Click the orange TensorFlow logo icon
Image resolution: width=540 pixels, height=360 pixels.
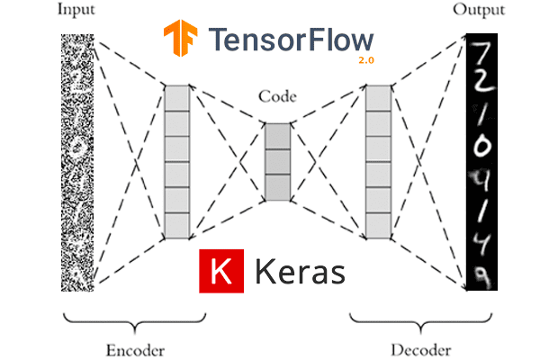tap(181, 38)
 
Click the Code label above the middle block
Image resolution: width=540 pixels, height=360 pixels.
tap(277, 95)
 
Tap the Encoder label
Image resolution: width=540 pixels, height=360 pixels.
tap(137, 349)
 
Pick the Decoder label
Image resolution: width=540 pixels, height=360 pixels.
tap(421, 349)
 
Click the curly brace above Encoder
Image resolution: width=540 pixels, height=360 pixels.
tap(135, 321)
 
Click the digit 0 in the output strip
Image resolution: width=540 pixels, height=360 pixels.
tap(481, 147)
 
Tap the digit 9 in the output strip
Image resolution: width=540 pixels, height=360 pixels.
tap(481, 275)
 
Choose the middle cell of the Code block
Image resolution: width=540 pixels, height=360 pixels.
tap(278, 161)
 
